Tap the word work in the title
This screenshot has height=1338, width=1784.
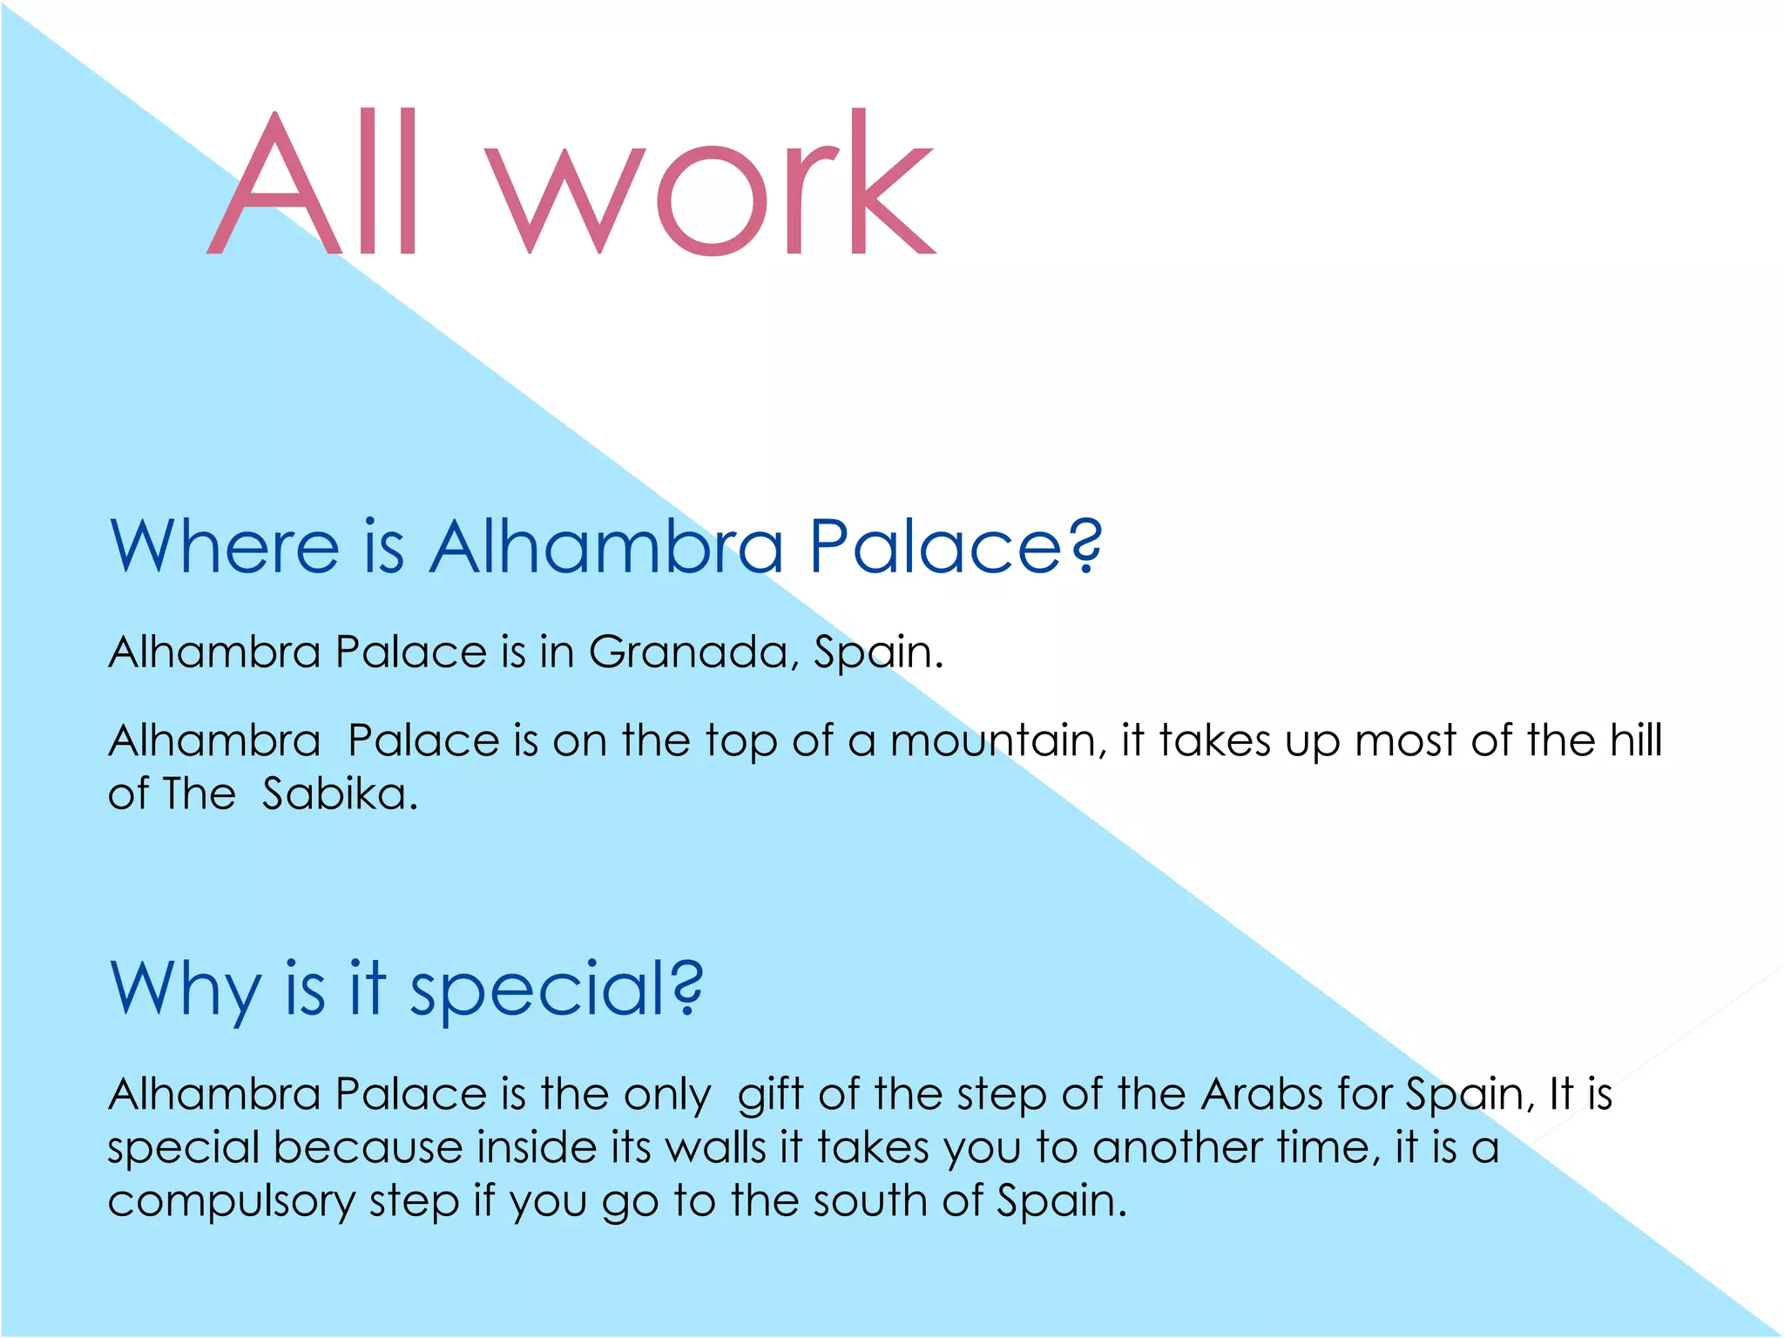point(710,183)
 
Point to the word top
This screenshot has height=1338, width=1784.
point(740,742)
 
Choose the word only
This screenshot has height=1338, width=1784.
point(667,1094)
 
